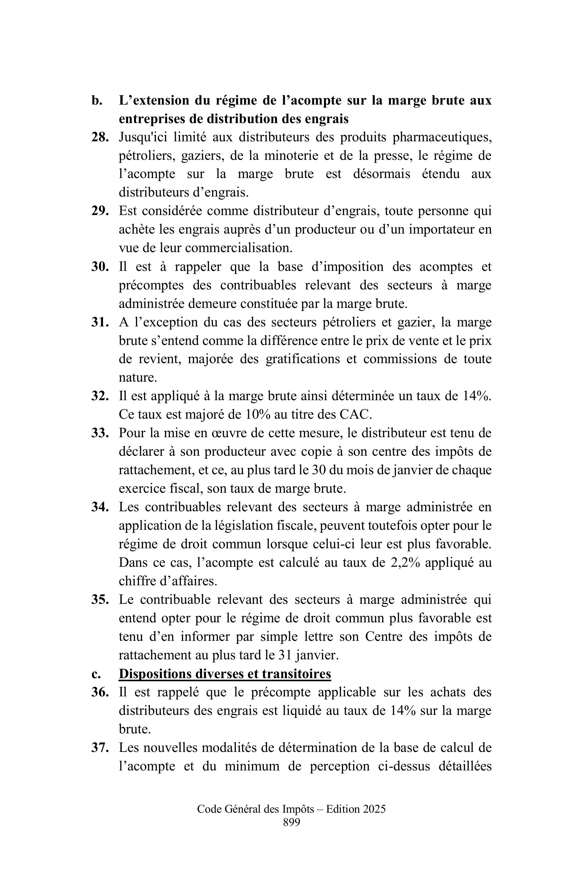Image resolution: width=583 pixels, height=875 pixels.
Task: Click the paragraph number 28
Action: click(100, 137)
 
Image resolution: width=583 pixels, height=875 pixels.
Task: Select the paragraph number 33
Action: click(100, 433)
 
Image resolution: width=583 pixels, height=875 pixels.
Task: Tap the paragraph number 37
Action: click(100, 748)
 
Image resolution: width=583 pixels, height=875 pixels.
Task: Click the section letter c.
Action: click(96, 674)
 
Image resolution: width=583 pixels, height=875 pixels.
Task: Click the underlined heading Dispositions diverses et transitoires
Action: click(225, 674)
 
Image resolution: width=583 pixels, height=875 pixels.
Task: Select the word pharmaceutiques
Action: click(442, 137)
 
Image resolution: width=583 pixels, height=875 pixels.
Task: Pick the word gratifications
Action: click(311, 359)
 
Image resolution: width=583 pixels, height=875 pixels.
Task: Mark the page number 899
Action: click(291, 833)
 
